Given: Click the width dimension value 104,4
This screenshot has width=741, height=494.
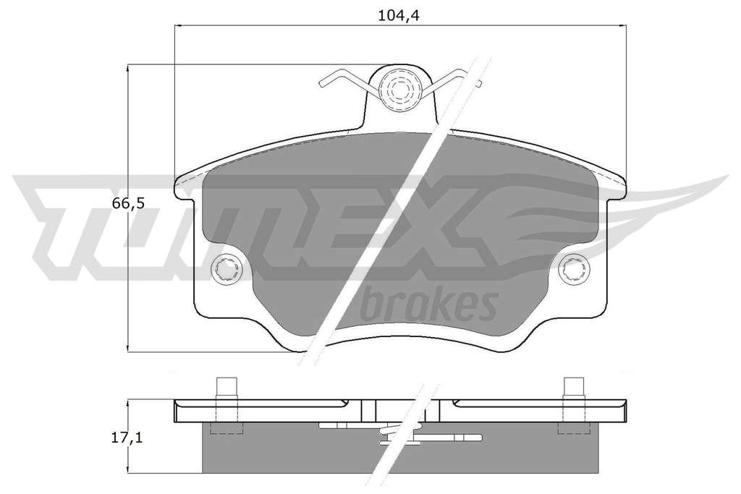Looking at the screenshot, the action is [x=399, y=16].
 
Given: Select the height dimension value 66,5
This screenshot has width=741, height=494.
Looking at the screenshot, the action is [x=127, y=203].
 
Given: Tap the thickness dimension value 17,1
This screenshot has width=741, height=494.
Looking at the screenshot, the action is [x=127, y=438].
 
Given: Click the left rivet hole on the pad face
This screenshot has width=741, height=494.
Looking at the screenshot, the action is [x=226, y=270].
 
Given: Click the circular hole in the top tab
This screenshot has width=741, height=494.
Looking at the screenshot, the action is [x=399, y=89].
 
